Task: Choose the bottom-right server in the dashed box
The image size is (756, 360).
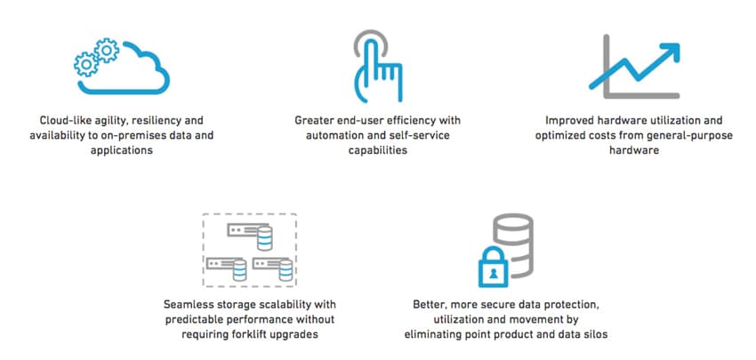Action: [x=273, y=268]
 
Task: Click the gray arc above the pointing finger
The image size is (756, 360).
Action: [x=370, y=39]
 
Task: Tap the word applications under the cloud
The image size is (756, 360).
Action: [x=122, y=150]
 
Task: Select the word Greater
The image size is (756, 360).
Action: [x=314, y=120]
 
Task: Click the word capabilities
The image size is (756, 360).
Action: [x=377, y=150]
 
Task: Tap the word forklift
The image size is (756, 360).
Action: [x=253, y=334]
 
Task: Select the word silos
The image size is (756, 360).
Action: [x=595, y=334]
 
